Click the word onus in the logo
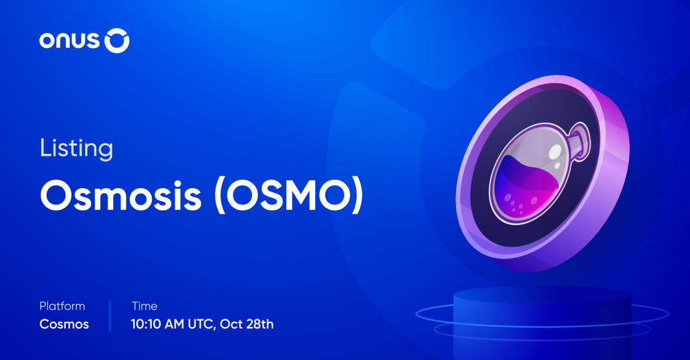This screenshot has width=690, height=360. [x=69, y=41]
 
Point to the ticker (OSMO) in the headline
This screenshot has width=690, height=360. [x=289, y=196]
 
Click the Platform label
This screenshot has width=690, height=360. [x=62, y=306]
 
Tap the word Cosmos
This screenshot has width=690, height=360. [x=64, y=324]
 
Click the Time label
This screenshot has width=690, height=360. [x=144, y=306]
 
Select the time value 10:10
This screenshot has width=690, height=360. [x=146, y=324]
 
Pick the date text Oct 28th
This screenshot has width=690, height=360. [x=246, y=324]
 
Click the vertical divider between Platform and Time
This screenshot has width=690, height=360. [x=110, y=315]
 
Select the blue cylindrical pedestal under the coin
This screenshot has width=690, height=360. [x=542, y=323]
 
